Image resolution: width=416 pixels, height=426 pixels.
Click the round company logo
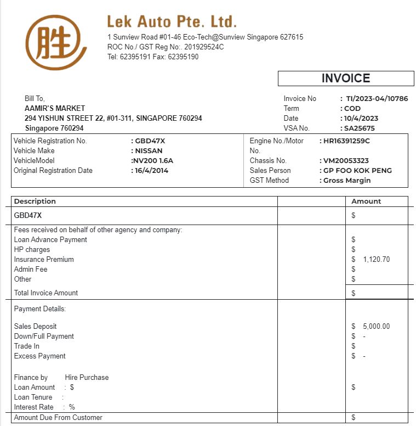pos(56,43)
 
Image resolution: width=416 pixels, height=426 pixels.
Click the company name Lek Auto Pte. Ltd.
pos(172,22)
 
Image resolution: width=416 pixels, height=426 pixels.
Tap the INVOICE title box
pos(345,79)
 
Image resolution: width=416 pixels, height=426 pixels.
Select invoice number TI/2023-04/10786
pos(377,99)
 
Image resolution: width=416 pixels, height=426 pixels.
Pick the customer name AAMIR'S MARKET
pos(55,109)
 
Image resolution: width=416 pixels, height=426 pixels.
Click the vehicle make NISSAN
pos(149,151)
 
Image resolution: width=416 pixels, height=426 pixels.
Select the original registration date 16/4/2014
pos(152,171)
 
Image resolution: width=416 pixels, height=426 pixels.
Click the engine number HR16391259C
pos(346,141)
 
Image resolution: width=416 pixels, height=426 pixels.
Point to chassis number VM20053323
pos(346,161)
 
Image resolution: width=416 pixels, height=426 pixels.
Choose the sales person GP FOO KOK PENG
pos(357,171)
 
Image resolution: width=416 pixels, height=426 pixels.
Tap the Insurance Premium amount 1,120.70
pos(377,260)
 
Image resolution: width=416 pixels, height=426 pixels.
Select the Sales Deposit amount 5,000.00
pos(377,327)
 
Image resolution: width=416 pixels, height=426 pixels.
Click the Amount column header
pos(366,201)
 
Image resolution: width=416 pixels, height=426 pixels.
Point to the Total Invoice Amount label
pos(46,293)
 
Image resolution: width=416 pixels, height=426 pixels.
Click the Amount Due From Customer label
pos(58,418)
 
